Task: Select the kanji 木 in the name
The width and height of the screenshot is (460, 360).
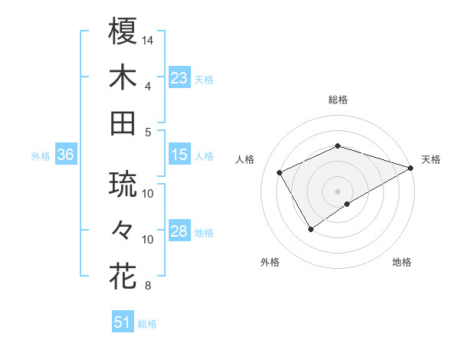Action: pyautogui.click(x=123, y=77)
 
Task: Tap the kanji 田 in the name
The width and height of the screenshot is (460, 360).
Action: pyautogui.click(x=123, y=123)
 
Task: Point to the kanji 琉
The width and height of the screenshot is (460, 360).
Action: pyautogui.click(x=123, y=184)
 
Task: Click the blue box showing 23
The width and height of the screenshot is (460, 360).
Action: pyautogui.click(x=179, y=77)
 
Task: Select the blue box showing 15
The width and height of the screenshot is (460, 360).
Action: pyautogui.click(x=179, y=155)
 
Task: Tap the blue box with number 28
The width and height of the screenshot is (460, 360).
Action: pyautogui.click(x=179, y=232)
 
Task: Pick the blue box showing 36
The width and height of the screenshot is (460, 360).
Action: pyautogui.click(x=65, y=155)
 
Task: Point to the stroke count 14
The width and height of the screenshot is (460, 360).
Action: pyautogui.click(x=148, y=40)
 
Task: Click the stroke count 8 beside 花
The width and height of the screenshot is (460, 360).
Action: pyautogui.click(x=147, y=286)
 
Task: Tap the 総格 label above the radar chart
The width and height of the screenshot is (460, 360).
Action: pyautogui.click(x=338, y=100)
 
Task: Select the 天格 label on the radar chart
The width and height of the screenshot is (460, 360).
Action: pyautogui.click(x=431, y=159)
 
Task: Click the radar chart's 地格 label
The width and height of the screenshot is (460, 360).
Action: pyautogui.click(x=402, y=262)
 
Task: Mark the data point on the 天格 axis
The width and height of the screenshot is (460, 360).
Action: pyautogui.click(x=411, y=167)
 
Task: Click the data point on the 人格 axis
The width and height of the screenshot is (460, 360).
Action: pyautogui.click(x=280, y=173)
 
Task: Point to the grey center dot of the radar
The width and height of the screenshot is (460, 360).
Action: pyautogui.click(x=337, y=191)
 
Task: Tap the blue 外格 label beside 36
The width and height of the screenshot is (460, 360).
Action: pyautogui.click(x=41, y=155)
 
